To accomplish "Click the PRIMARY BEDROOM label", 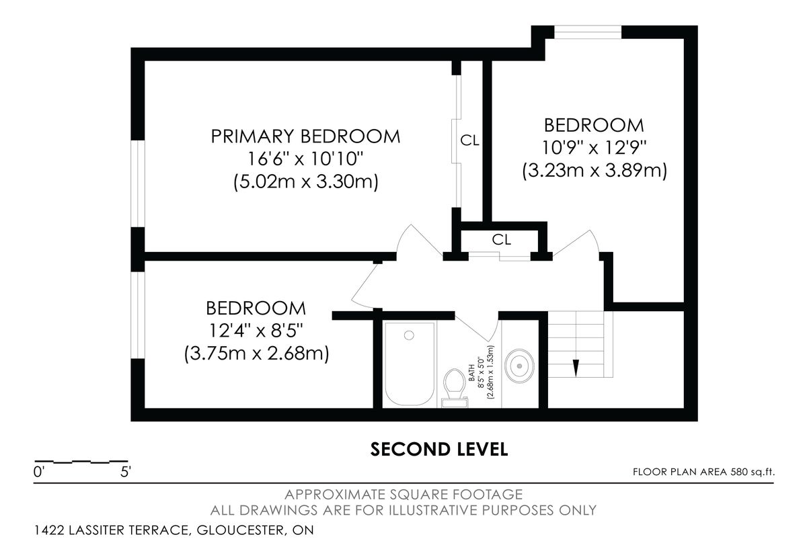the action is click(305, 136).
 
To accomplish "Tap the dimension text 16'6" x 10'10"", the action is click(305, 159).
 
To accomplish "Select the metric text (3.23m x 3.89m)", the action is click(594, 170).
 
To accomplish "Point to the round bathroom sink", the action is click(519, 366).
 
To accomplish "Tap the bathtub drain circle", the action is click(409, 335).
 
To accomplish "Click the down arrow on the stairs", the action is click(576, 368).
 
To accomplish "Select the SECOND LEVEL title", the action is click(439, 450).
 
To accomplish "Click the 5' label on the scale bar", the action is click(125, 472).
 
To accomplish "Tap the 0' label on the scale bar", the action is click(38, 472).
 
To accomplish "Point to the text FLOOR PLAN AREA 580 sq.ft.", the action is click(703, 472).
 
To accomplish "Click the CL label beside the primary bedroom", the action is click(470, 140).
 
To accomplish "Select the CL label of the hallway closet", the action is click(502, 239).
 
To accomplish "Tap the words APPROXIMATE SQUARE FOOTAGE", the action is click(403, 495).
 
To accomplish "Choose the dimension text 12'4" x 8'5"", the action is click(256, 331).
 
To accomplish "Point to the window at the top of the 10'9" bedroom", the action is click(588, 32).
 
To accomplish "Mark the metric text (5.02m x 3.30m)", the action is click(306, 181).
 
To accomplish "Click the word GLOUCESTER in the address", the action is click(240, 530).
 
